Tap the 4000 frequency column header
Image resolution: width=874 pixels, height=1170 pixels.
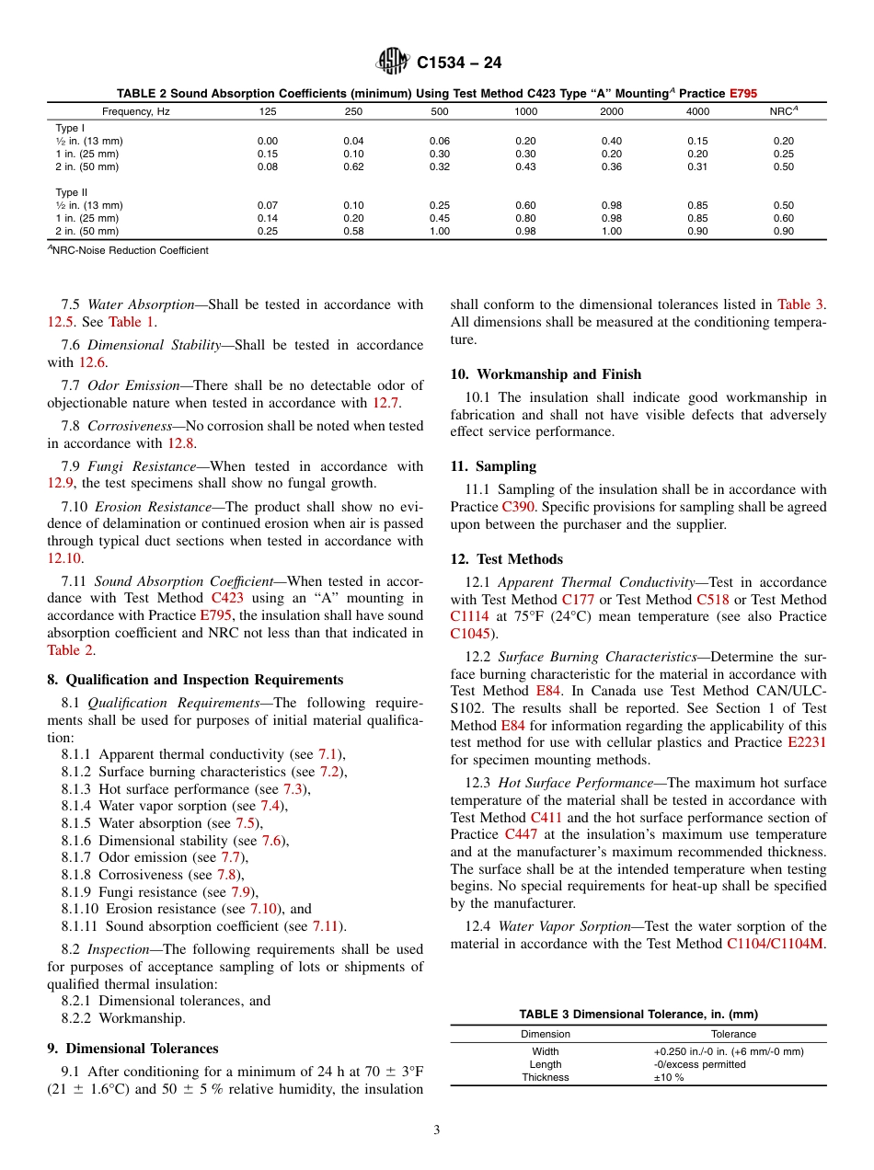pos(697,111)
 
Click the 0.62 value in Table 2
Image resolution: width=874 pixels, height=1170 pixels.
pos(353,166)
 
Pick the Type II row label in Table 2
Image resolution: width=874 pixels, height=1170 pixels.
pos(70,192)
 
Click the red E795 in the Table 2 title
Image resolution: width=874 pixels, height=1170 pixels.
pos(742,94)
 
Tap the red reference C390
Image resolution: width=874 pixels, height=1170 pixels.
pos(519,507)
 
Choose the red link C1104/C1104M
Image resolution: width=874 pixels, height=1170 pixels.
pos(775,944)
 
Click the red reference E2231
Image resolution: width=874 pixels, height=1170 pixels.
pos(807,742)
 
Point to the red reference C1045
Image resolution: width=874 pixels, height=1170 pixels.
pos(469,634)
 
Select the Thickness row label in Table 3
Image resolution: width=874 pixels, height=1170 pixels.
pos(546,1077)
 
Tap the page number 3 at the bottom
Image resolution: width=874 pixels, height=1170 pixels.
pos(437,1130)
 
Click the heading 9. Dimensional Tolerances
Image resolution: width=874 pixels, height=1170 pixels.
pos(132,1049)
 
